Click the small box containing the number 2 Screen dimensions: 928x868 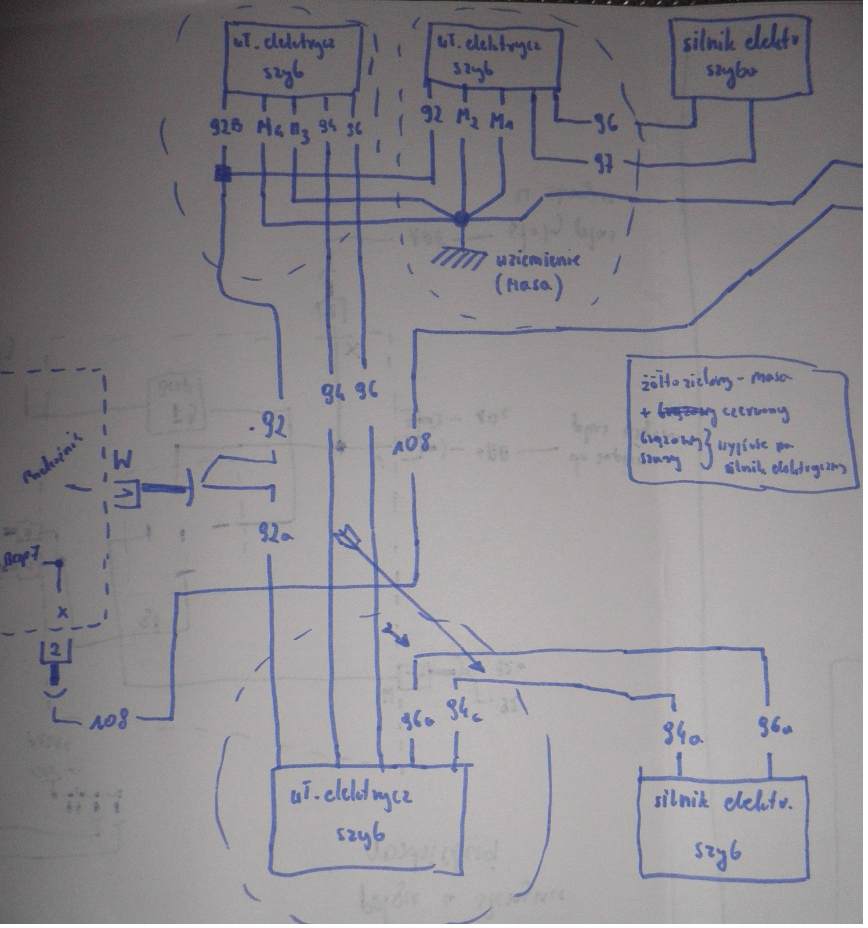click(x=55, y=651)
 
